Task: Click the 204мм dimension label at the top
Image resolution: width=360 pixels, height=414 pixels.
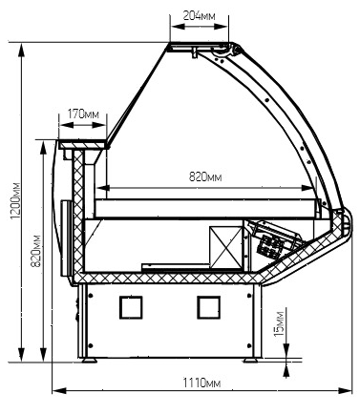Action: [199, 15]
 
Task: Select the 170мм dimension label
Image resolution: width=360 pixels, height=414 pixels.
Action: [83, 114]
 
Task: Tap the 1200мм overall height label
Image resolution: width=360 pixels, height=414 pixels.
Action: [15, 200]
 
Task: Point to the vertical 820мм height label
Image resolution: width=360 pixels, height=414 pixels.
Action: [36, 251]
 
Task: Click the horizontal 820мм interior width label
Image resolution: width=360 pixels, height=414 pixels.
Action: [205, 176]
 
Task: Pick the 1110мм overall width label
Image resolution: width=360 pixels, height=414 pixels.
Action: [201, 383]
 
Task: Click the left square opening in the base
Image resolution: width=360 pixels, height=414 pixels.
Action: [131, 307]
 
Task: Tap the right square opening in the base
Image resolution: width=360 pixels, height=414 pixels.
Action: [208, 307]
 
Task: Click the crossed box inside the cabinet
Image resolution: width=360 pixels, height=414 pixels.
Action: [226, 247]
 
